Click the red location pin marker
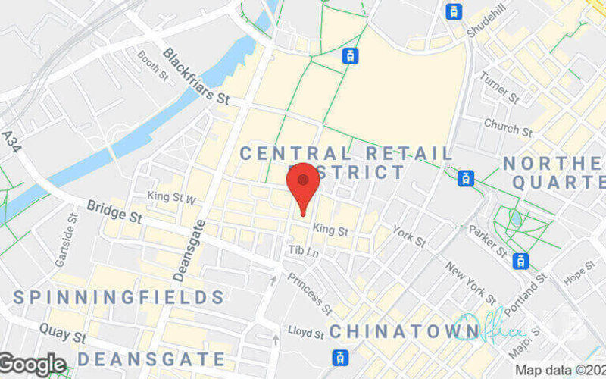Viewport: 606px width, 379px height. [x=303, y=186]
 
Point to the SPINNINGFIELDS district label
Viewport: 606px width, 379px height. [x=118, y=296]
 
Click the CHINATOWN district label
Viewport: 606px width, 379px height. [x=405, y=330]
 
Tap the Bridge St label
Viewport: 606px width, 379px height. [x=114, y=211]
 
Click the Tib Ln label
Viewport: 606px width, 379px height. [x=303, y=250]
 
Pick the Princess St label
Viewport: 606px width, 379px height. [x=308, y=293]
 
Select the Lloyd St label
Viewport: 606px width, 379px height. [x=306, y=332]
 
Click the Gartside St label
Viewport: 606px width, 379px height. [x=67, y=240]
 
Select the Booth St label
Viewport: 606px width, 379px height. [x=151, y=65]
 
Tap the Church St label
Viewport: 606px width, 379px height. [x=508, y=126]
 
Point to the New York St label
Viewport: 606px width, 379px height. [x=470, y=281]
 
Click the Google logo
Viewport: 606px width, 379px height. [x=33, y=365]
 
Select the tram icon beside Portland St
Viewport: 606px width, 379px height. [x=520, y=262]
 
